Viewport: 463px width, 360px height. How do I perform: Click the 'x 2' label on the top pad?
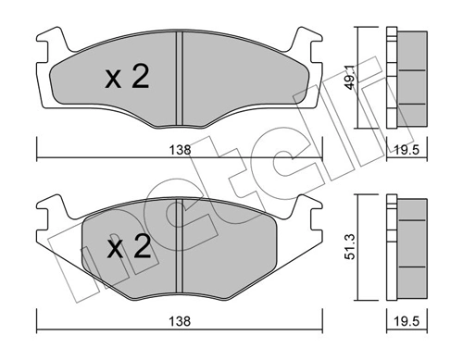point(128,79)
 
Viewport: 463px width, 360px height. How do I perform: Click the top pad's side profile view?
point(405,78)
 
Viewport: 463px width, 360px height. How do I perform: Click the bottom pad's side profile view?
point(405,246)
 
